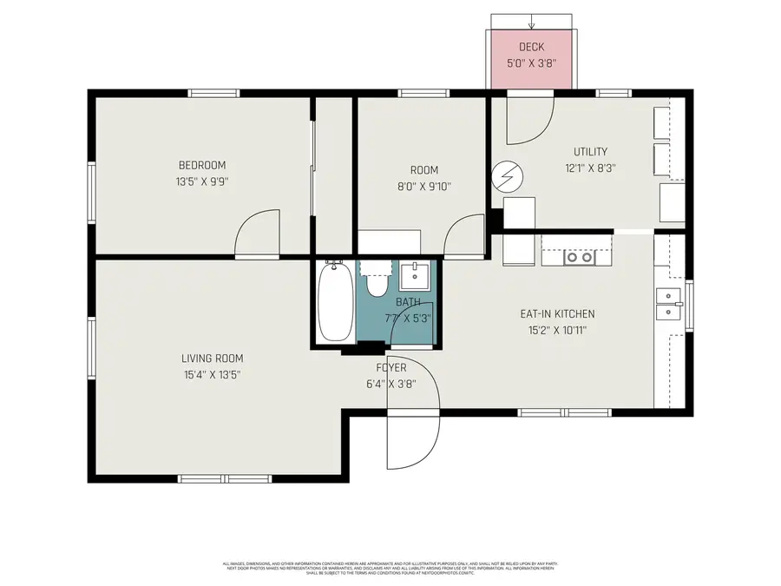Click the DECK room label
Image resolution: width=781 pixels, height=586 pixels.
tap(531, 47)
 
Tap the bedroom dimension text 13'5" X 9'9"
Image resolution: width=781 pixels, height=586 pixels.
tap(201, 182)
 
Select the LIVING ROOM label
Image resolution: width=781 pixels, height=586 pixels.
tap(212, 359)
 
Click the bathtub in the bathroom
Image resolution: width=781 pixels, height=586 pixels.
tap(334, 303)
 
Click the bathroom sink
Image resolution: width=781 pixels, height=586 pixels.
tap(415, 276)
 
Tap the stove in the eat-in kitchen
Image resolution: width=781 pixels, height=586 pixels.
tap(579, 257)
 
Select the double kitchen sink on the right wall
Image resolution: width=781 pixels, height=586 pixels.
tap(668, 304)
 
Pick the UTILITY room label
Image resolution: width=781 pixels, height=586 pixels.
tap(590, 152)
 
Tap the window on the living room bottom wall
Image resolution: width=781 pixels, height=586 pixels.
tap(225, 478)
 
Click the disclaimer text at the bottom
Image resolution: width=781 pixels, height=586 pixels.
tap(390, 569)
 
